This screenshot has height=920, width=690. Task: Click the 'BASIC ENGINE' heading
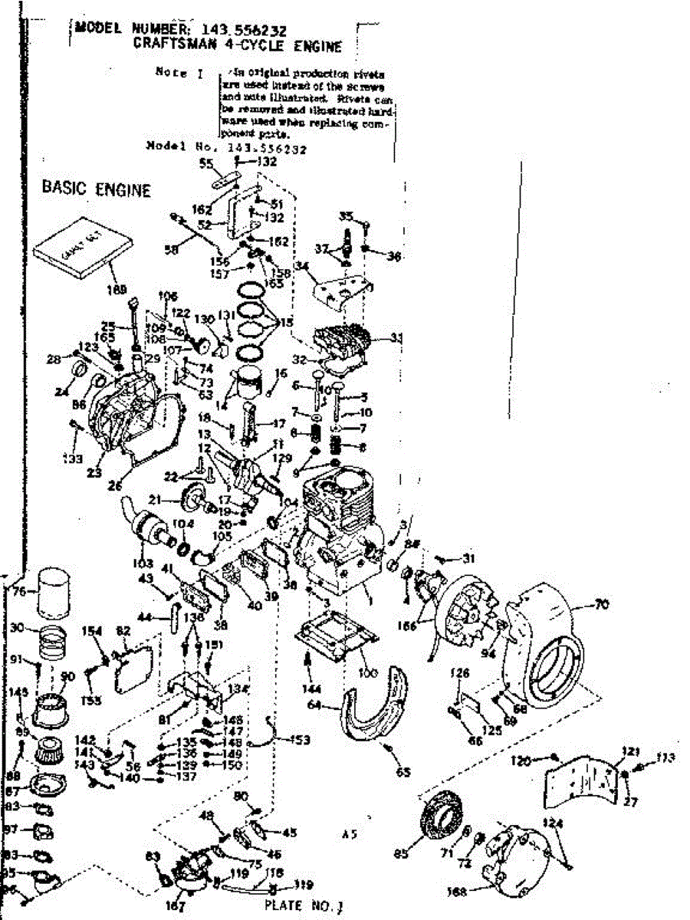96,188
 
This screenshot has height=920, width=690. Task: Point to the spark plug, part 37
347,242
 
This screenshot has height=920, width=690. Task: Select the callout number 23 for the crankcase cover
94,473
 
